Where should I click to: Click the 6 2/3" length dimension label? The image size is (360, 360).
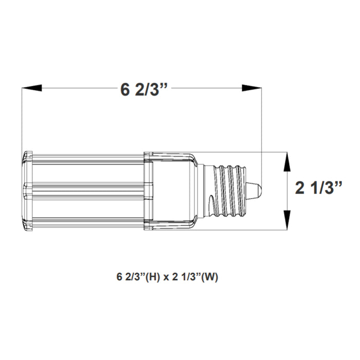(145, 89)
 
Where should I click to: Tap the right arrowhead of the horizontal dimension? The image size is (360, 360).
(253, 88)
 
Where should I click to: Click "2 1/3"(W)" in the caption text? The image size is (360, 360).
(198, 277)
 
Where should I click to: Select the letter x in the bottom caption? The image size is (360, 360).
(168, 277)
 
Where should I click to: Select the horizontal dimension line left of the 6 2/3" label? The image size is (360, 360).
(77, 88)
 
